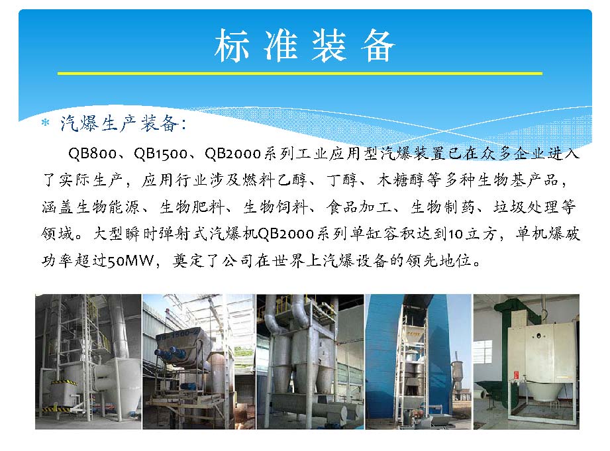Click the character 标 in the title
(x=231, y=46)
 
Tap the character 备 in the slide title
(x=378, y=46)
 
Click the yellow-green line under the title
(x=300, y=73)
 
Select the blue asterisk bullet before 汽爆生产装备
(x=46, y=123)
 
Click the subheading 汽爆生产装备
(x=119, y=124)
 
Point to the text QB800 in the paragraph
(x=92, y=154)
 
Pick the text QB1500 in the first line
(x=160, y=154)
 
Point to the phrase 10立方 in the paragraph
(x=472, y=234)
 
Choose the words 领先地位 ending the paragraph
(x=439, y=260)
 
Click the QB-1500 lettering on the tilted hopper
(x=178, y=334)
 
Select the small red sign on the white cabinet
(x=516, y=376)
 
